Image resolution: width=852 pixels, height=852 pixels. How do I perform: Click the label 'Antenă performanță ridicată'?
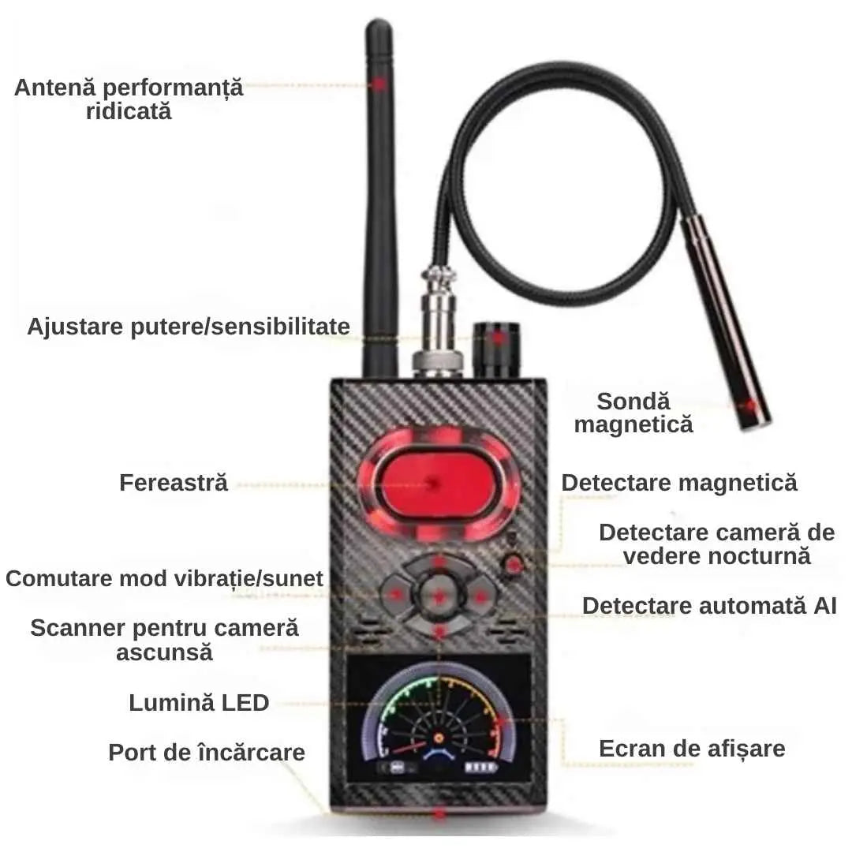coord(129,99)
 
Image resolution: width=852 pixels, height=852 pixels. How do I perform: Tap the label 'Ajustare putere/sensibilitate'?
coord(189,327)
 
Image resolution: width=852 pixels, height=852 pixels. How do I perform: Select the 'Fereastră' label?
coord(174,483)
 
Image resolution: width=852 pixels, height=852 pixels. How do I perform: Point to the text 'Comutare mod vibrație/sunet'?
coord(164,579)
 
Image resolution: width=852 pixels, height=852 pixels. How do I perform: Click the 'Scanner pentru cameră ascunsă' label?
coord(164,640)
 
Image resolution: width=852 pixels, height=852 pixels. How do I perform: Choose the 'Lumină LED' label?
coord(199,703)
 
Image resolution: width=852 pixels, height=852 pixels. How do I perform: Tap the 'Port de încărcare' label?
coord(207,753)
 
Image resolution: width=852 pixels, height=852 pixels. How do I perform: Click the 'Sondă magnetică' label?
coord(633,413)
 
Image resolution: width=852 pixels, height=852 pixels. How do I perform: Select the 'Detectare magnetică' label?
coord(679,483)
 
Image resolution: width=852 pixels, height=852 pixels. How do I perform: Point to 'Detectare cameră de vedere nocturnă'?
coord(716,544)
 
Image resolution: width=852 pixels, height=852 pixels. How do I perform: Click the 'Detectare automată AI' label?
coord(709,606)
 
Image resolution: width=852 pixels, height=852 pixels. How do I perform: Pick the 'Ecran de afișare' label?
coord(693,749)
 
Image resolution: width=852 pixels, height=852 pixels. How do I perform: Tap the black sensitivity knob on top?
coord(497,349)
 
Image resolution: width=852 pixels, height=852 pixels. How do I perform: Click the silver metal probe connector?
coord(439,321)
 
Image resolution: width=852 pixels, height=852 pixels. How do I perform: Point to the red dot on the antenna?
coord(379,84)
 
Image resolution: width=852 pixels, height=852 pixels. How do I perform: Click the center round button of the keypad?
coord(439,596)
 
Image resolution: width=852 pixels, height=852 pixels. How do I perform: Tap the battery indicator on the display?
coord(480,768)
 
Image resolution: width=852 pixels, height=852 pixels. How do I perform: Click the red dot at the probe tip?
coord(750,405)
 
